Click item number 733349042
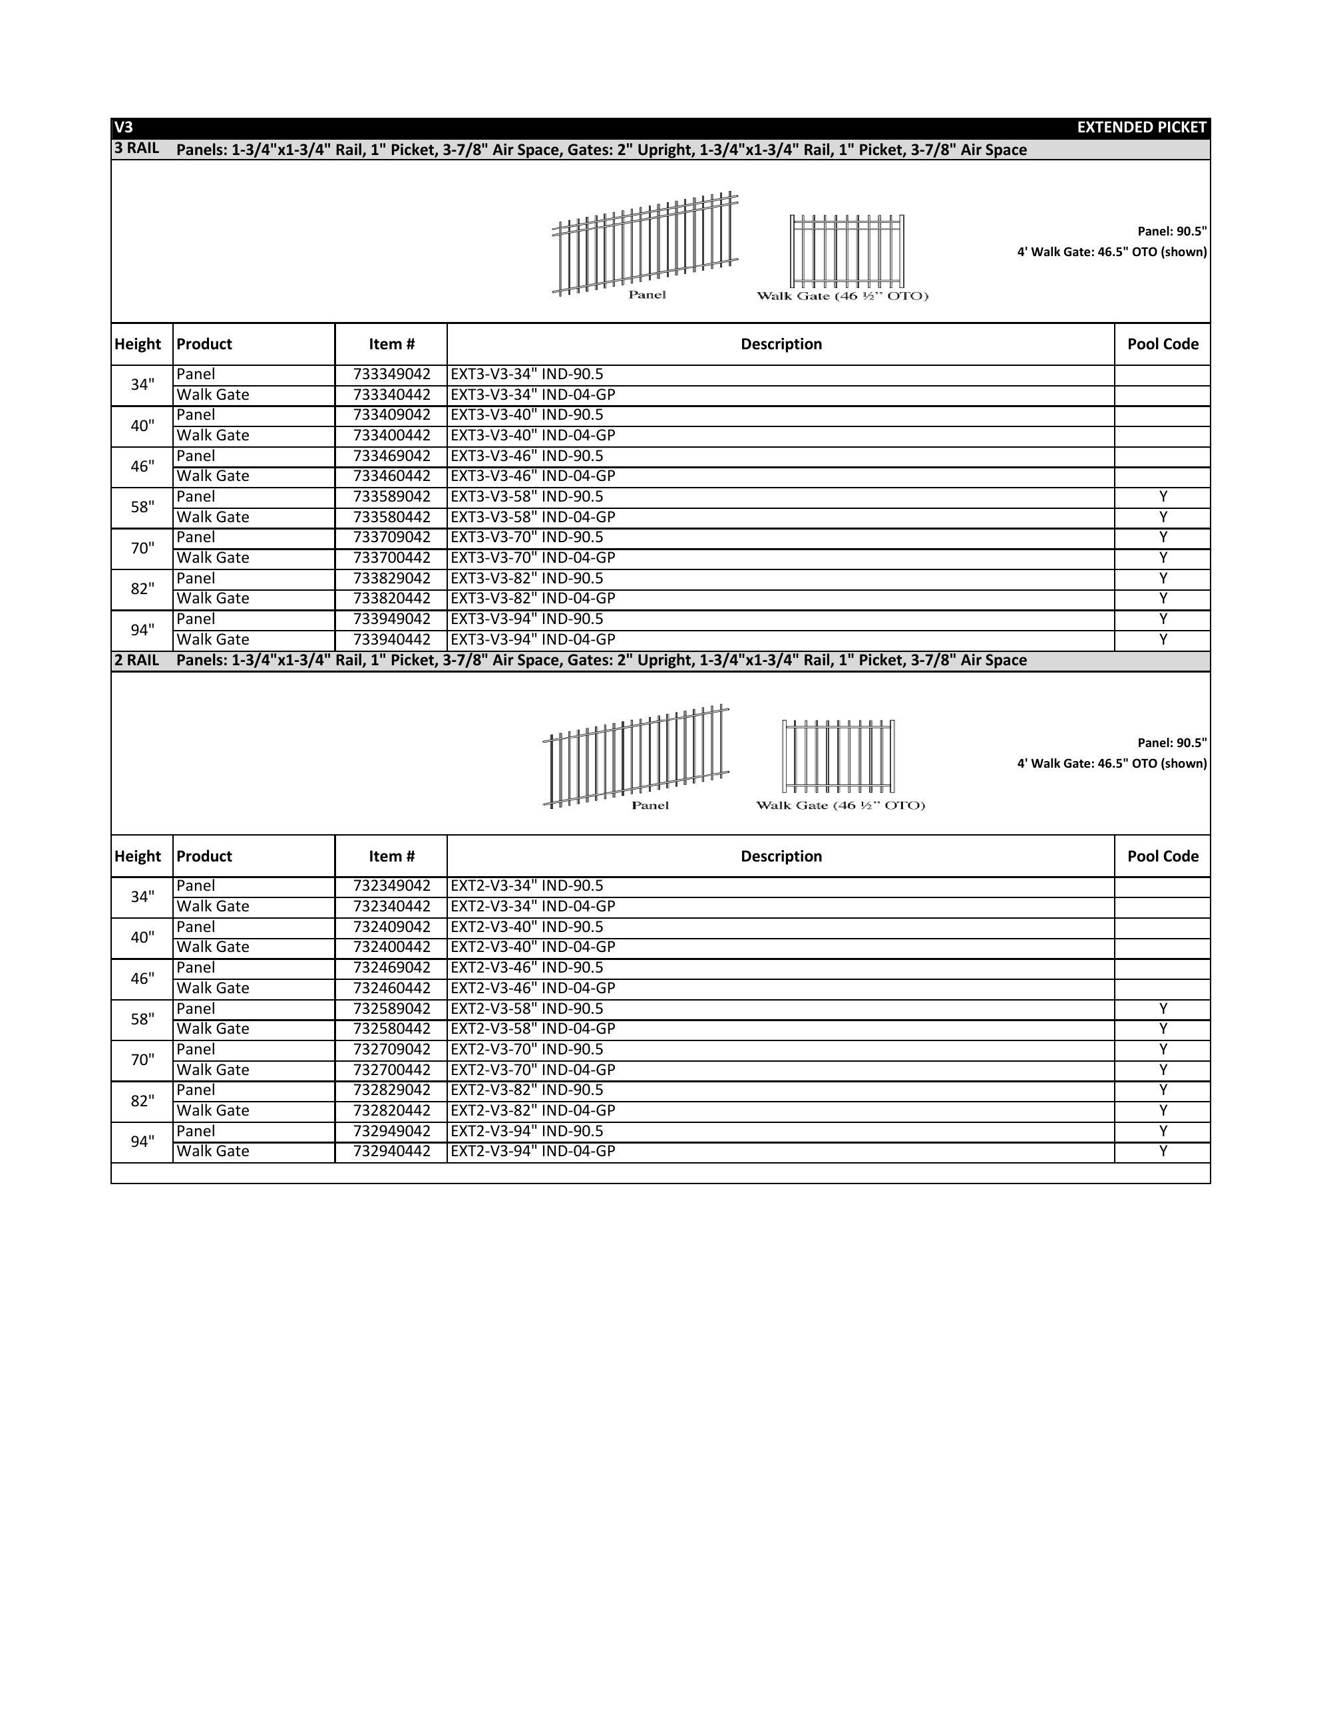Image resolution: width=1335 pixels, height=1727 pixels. click(x=391, y=375)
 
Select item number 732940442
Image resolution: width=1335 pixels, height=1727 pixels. click(x=391, y=1152)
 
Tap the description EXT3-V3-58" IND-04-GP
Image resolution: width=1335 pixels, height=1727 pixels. click(x=532, y=517)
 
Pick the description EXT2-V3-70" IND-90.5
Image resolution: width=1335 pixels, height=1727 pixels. click(x=526, y=1049)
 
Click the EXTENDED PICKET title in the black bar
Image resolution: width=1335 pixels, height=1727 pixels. click(x=1141, y=127)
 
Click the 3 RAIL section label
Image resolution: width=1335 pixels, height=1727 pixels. click(x=137, y=148)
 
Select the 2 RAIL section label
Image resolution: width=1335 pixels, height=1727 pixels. click(x=137, y=661)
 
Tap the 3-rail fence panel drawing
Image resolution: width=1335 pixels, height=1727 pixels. click(x=645, y=243)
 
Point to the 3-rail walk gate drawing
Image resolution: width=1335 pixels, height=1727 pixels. click(x=847, y=251)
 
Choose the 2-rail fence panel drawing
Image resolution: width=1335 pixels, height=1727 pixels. click(x=636, y=756)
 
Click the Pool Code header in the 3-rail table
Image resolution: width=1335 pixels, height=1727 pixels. click(x=1163, y=344)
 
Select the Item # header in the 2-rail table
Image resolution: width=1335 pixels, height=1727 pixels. click(x=391, y=856)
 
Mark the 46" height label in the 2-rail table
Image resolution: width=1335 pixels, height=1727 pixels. click(x=142, y=979)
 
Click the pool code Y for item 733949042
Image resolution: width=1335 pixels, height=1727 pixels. click(x=1163, y=619)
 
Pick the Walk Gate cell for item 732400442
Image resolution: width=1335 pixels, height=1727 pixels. click(x=213, y=947)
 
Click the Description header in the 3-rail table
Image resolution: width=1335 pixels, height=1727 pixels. click(x=781, y=344)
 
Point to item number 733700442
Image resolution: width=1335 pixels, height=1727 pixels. click(x=391, y=558)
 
